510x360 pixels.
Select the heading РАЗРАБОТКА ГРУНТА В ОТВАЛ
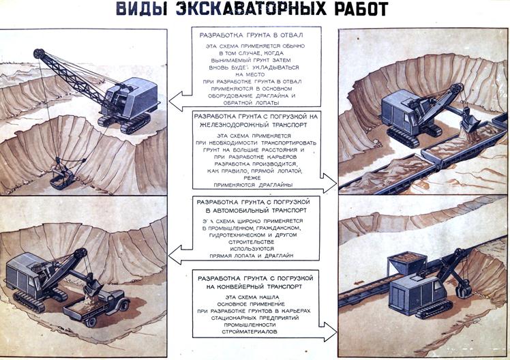[250, 34]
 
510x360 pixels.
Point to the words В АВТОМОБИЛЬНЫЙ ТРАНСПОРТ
[254, 212]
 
